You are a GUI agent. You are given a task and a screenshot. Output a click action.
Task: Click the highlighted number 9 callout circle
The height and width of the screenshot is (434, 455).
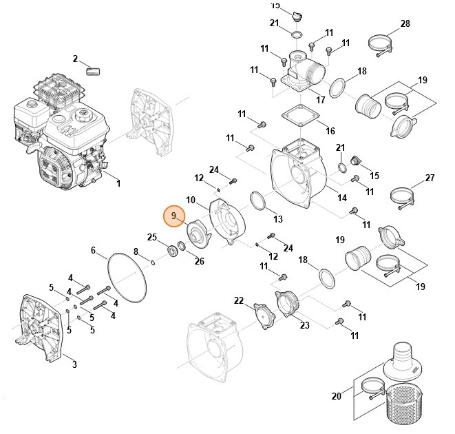point(173,216)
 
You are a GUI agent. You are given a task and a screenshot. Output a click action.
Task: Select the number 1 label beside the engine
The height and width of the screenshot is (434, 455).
point(118,183)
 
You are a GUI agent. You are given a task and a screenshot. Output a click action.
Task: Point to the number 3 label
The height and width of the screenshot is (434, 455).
point(74,364)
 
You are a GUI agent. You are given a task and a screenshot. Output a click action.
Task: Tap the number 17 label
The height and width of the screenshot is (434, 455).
point(320,100)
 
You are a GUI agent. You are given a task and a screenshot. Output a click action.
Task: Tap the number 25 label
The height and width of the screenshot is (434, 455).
point(152,238)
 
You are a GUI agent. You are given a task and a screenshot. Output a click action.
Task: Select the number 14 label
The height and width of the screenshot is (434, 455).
point(341,198)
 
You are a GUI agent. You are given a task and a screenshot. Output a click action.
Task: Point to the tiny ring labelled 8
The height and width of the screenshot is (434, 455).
point(151,262)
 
